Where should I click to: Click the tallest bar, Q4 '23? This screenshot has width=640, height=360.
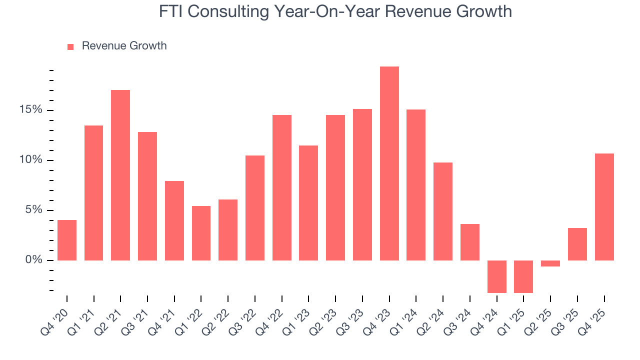pos(389,163)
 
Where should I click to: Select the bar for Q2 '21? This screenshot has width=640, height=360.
pos(120,175)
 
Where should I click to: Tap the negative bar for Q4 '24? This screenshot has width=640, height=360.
pos(496,276)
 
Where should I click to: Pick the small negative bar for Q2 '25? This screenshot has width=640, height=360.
pos(550,263)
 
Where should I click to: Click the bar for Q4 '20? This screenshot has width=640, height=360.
pos(67,240)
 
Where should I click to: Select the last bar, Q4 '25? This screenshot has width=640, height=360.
pos(604,207)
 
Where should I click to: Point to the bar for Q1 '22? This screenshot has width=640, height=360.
pos(201,233)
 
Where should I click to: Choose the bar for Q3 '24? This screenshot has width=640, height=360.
pos(470,242)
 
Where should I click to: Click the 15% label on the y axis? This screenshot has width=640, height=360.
pos(32,110)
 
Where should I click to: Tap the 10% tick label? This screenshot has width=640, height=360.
pos(32,160)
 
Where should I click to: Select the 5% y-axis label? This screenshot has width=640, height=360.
pos(35,210)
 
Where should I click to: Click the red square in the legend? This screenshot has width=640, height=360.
pos(70,46)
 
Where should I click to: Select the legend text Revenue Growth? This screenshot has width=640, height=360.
pos(124,46)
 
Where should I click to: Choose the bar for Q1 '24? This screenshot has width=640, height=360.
pos(416,185)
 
